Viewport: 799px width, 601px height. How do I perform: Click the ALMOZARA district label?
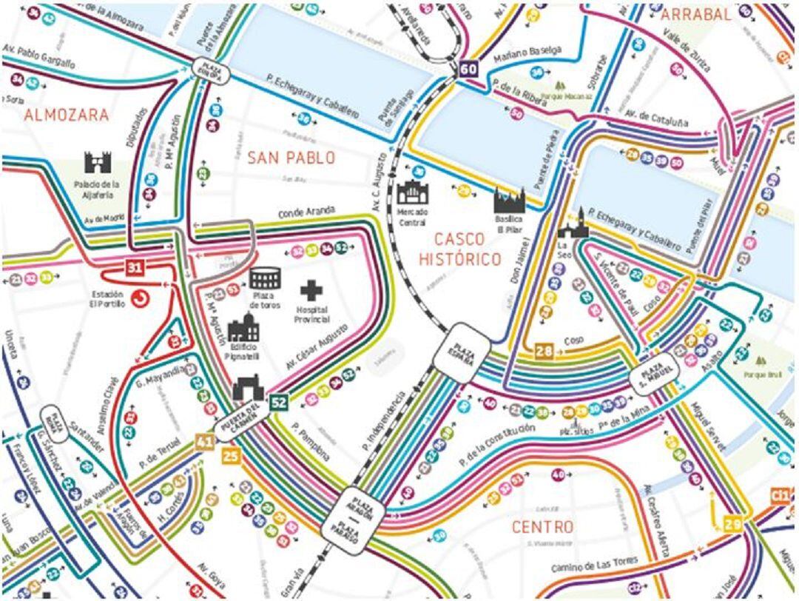(66, 115)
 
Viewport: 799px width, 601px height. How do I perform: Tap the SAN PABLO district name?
(291, 158)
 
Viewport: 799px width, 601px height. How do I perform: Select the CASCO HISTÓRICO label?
(459, 249)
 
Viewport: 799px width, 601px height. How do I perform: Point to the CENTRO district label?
(542, 527)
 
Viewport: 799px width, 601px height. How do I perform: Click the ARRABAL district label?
(695, 14)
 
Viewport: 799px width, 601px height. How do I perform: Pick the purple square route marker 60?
(468, 70)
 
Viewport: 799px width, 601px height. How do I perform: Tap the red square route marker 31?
(133, 268)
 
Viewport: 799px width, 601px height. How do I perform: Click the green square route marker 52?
(278, 402)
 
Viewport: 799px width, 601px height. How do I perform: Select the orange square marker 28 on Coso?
(544, 351)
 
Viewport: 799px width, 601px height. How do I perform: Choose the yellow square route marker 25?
(231, 456)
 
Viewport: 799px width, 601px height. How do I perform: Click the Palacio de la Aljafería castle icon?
(97, 162)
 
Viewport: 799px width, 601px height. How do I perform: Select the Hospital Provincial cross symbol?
(311, 290)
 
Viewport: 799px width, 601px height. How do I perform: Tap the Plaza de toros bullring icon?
(264, 278)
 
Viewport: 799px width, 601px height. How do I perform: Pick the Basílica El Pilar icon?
(510, 199)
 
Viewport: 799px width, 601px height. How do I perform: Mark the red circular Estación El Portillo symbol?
(138, 299)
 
